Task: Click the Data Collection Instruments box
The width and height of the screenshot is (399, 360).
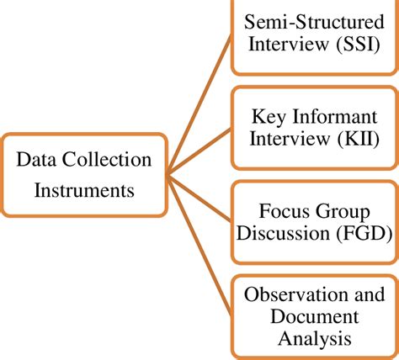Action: click(84, 175)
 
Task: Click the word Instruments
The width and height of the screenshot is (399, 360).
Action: click(84, 190)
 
